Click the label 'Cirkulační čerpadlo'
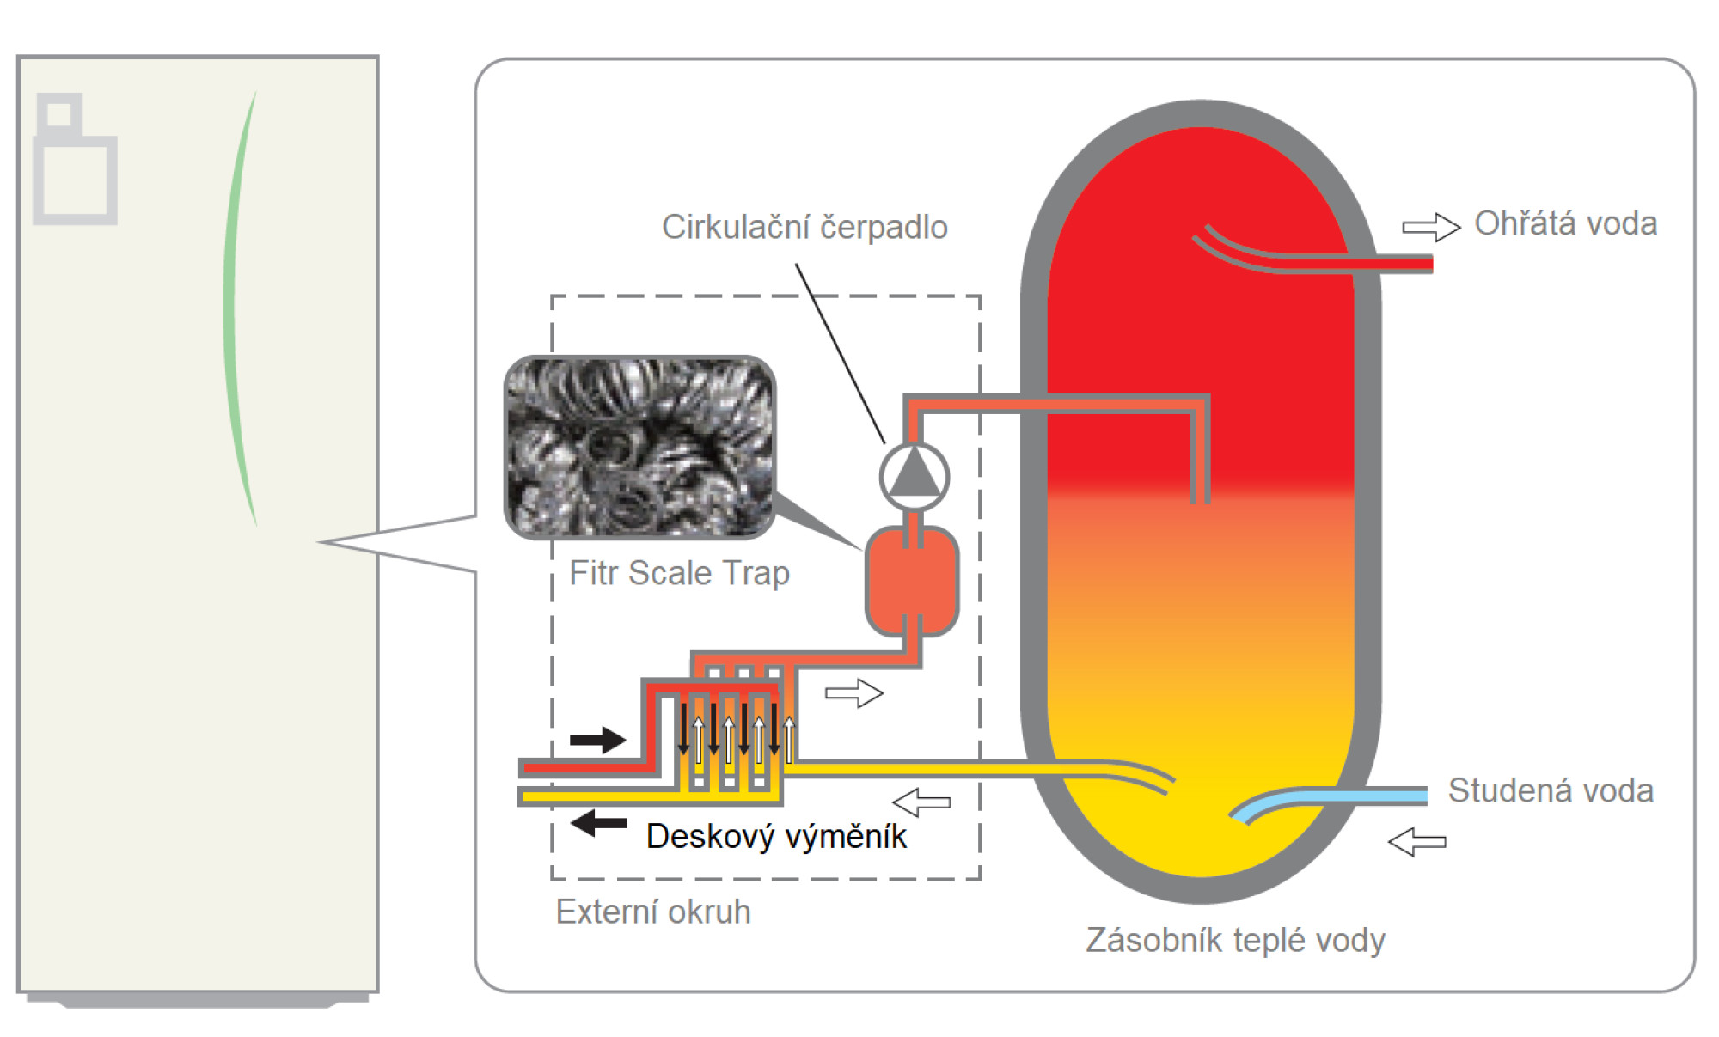[804, 227]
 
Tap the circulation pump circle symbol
[915, 477]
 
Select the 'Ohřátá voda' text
[1566, 223]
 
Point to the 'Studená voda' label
[1551, 790]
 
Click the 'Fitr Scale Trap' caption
[679, 573]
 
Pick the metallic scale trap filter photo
[639, 447]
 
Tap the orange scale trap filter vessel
[912, 581]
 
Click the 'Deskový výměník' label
[776, 836]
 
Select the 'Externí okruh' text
[653, 912]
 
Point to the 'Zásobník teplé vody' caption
[1235, 940]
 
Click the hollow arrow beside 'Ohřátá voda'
[1431, 227]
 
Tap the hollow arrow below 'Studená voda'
[1417, 841]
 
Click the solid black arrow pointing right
[598, 740]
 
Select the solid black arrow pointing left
[599, 823]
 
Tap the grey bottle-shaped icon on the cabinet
[75, 159]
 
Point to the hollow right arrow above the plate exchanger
[854, 693]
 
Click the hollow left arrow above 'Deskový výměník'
[921, 802]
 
